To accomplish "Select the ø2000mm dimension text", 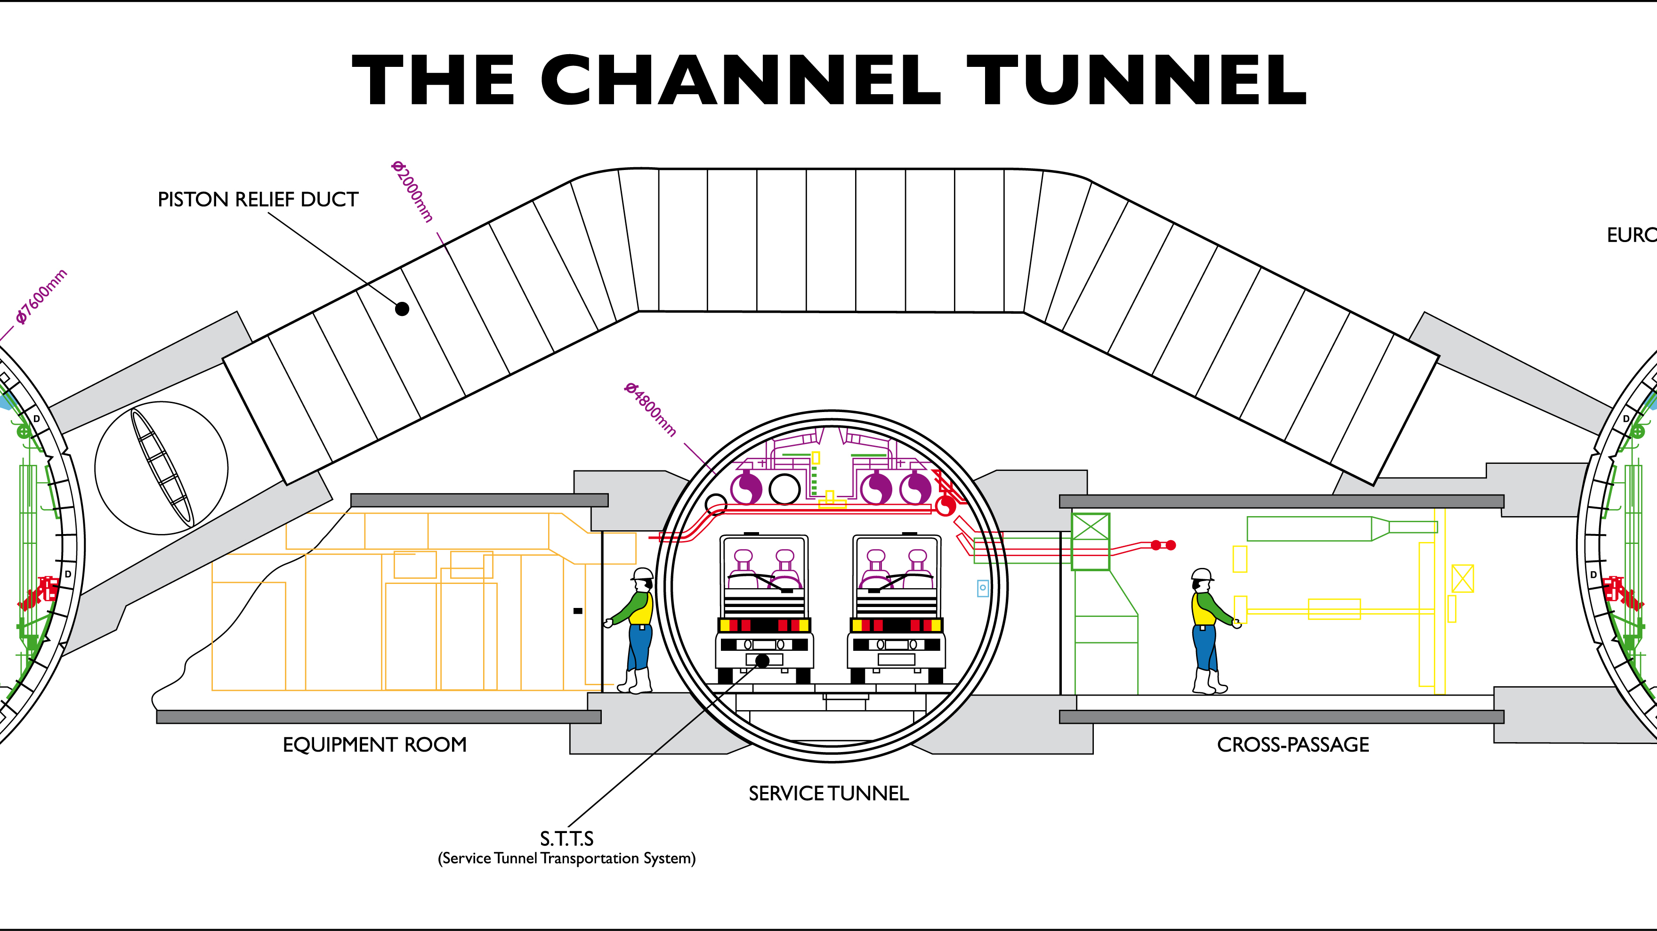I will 412,191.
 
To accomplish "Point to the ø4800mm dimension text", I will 650,409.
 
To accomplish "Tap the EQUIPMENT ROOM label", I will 374,745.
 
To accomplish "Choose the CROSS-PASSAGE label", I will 1293,745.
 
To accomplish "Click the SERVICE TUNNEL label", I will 829,793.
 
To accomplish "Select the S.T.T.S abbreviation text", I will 567,838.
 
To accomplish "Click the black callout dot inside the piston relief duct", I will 402,309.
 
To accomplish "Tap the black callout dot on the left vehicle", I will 762,661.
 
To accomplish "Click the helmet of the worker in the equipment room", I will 643,574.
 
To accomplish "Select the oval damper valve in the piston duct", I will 162,468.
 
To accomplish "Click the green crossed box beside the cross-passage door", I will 1090,541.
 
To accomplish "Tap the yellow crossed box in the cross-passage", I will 1462,578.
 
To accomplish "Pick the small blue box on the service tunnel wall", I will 982,587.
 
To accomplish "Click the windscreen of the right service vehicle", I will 897,563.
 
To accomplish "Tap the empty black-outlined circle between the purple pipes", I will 784,489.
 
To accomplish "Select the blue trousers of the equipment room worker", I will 639,647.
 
